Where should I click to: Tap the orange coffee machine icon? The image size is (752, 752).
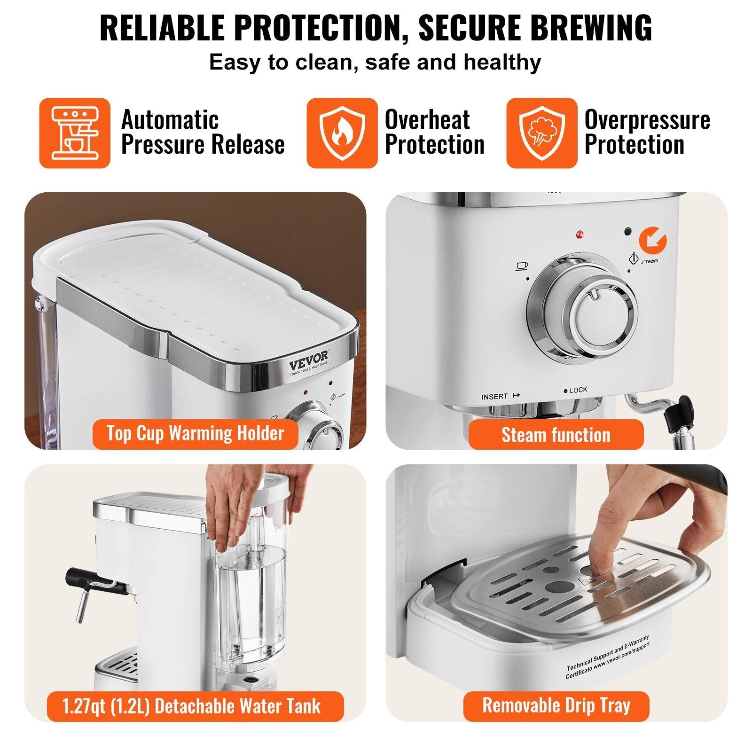75,133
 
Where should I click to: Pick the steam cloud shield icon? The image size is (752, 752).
541,133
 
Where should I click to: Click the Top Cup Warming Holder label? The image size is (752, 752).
195,433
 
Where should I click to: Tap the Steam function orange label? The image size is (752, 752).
556,435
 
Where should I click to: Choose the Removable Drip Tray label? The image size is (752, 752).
556,705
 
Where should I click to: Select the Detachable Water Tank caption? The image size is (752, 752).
195,706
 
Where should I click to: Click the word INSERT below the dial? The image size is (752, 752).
494,397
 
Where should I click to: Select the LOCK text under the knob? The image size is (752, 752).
578,390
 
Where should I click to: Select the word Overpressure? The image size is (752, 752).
647,120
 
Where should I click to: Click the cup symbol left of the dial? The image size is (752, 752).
521,266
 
